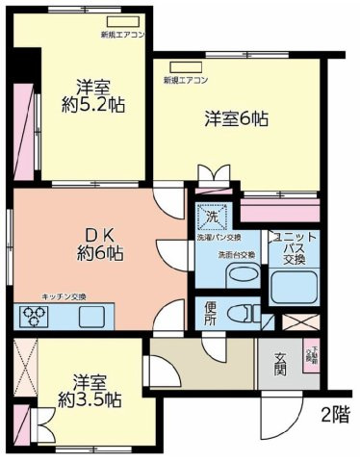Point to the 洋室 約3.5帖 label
click(88, 391)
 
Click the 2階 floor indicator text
click(334, 415)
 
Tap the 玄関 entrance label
click(280, 365)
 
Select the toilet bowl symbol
click(248, 312)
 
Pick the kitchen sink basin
click(92, 315)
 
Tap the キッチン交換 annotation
click(64, 296)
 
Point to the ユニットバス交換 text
click(292, 248)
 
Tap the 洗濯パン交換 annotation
click(219, 237)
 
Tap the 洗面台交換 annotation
click(236, 255)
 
